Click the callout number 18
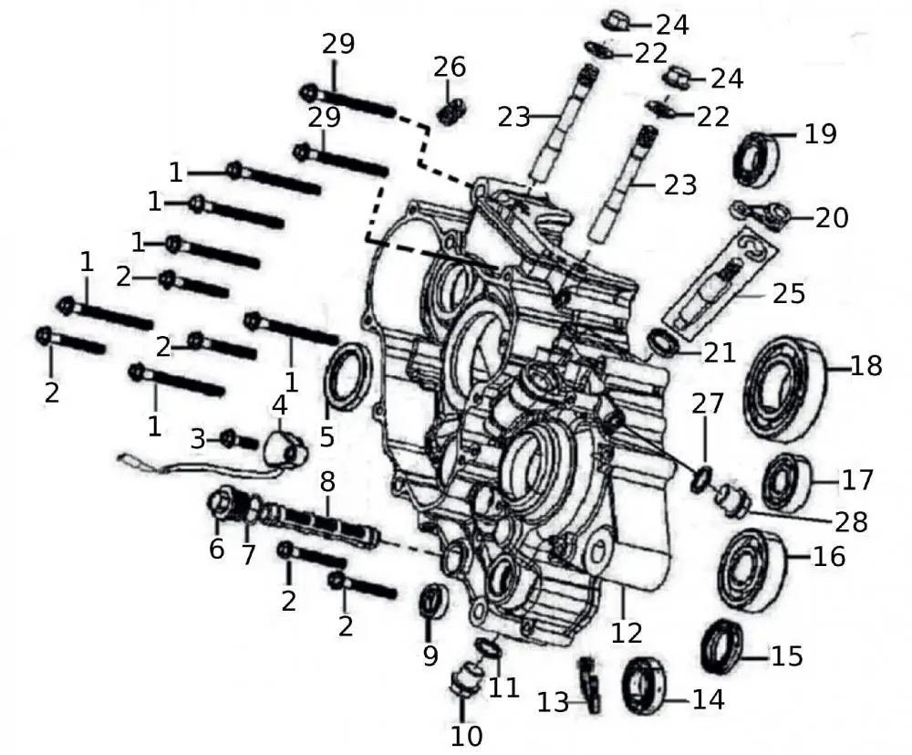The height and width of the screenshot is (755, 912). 866,366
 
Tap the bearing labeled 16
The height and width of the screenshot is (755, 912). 751,568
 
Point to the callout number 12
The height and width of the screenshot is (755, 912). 627,632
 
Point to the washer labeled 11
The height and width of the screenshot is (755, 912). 489,648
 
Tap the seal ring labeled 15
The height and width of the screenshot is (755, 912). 724,645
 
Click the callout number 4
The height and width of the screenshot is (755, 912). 278,404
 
